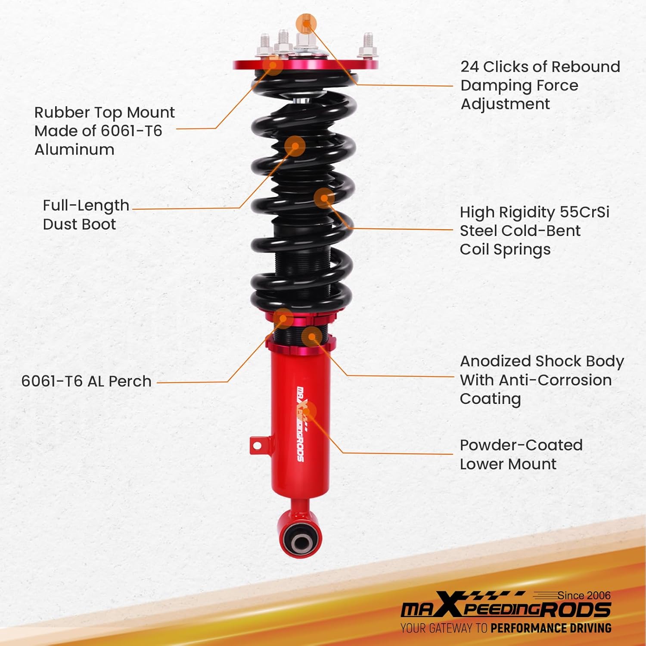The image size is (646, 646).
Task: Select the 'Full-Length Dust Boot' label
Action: pyautogui.click(x=86, y=215)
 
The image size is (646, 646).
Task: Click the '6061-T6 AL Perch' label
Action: pyautogui.click(x=86, y=382)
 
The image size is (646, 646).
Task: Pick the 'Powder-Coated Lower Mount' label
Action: pyautogui.click(x=521, y=454)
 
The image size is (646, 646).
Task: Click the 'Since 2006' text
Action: pyautogui.click(x=584, y=596)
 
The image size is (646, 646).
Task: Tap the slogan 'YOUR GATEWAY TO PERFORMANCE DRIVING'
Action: pyautogui.click(x=506, y=628)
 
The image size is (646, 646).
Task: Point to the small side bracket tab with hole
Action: pyautogui.click(x=257, y=445)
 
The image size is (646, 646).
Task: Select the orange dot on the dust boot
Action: pyautogui.click(x=295, y=146)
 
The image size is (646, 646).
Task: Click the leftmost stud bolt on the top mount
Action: pyautogui.click(x=265, y=47)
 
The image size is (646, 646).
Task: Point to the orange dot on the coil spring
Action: pyautogui.click(x=324, y=198)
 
